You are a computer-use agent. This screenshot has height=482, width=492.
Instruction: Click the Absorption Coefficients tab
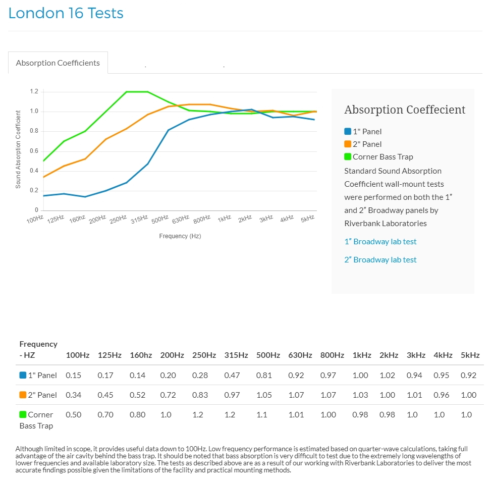tap(58, 63)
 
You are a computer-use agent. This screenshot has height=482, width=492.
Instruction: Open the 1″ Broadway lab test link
tap(380, 242)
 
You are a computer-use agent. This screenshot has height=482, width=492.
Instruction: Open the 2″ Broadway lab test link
tap(380, 260)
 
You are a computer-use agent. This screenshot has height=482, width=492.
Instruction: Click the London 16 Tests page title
tap(66, 13)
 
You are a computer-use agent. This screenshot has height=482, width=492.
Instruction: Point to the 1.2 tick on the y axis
tap(34, 92)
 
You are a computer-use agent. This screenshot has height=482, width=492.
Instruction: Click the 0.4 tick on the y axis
tap(34, 171)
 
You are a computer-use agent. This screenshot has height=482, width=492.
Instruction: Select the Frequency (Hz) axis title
tap(180, 236)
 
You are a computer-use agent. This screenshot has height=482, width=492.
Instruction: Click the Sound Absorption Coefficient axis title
tap(19, 149)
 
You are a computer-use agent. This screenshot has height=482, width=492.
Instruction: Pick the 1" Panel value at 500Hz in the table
tap(264, 376)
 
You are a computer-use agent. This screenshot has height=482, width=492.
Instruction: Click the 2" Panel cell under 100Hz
tap(73, 395)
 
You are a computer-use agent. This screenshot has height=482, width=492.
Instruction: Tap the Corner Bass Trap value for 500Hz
tap(261, 415)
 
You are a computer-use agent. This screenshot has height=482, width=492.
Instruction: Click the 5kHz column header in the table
tap(470, 355)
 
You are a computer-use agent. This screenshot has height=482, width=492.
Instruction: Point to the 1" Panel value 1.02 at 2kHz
tap(387, 376)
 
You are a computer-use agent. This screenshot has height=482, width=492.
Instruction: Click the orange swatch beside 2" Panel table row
tap(23, 395)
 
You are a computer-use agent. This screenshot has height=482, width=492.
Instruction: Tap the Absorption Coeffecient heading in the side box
tap(405, 110)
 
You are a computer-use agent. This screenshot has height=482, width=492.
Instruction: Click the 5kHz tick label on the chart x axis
tap(307, 219)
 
